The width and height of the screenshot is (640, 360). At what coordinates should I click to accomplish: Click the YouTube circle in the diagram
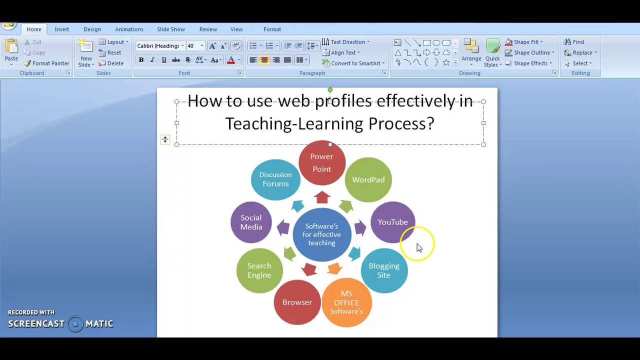392,222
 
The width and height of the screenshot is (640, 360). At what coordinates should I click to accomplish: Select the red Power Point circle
321,163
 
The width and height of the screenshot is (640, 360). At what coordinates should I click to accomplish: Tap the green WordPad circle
368,180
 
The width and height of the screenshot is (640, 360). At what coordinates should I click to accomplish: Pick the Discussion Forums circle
275,179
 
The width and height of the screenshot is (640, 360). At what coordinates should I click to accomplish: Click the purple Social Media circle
251,222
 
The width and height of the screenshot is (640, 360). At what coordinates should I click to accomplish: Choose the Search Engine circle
259,270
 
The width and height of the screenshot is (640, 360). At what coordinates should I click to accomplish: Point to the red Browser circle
297,302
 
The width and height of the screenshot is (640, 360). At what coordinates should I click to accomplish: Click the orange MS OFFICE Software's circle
346,302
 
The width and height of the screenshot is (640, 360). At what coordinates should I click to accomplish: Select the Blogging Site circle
384,270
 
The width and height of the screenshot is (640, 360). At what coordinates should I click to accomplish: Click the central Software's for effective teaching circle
321,234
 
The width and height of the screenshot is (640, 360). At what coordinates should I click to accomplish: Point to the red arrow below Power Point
322,197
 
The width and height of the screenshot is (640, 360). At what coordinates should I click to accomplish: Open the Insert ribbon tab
62,29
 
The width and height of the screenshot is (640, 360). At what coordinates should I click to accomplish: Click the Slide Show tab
171,29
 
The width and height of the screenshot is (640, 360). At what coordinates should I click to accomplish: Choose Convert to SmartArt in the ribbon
353,63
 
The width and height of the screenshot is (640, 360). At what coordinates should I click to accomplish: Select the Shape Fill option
524,42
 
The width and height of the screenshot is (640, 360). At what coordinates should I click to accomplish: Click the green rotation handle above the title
330,90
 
